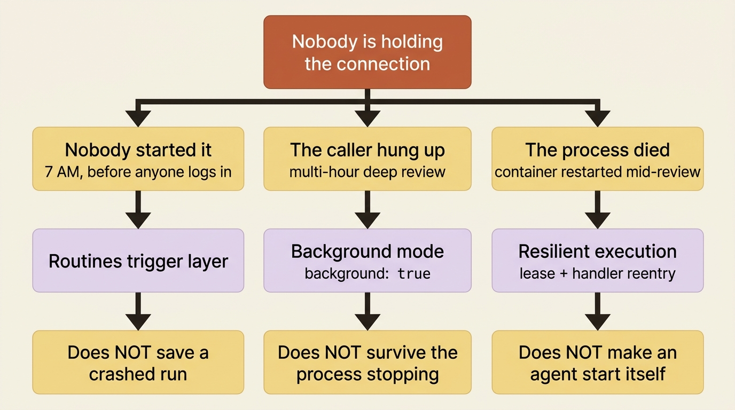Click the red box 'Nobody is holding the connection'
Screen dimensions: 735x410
coord(367,52)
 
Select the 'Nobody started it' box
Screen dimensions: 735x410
coord(138,159)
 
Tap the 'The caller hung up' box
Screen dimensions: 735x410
coord(367,159)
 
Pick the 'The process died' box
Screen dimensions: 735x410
coord(598,159)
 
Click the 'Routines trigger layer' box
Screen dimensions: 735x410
coord(138,261)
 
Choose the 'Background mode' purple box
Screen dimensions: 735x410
coord(367,261)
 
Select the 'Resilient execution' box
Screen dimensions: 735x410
coord(598,261)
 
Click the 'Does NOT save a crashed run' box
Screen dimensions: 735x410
coord(138,362)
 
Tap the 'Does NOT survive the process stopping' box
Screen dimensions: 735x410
coord(367,362)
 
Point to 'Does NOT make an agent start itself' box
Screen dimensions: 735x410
coord(598,362)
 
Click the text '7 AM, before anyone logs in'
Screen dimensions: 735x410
coord(138,172)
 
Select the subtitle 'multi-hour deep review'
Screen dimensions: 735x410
coord(367,172)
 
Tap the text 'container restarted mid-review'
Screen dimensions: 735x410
coord(598,172)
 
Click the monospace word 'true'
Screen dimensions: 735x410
coord(414,273)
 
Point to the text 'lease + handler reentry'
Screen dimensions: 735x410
coord(598,273)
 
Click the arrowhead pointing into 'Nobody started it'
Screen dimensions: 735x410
coord(138,119)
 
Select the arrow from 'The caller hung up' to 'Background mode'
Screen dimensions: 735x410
coord(367,210)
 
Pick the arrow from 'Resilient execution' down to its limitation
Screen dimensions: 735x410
coord(598,311)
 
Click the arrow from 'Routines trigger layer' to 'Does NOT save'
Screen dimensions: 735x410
coord(138,311)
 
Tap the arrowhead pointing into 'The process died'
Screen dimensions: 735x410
coord(598,119)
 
